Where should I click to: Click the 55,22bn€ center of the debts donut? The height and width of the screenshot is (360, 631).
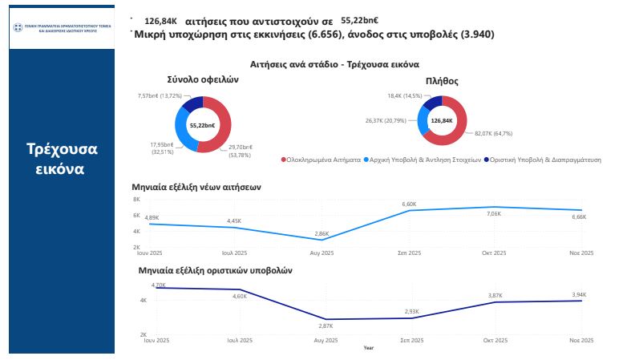[202, 126]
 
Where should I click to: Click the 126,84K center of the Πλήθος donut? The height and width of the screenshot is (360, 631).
[443, 120]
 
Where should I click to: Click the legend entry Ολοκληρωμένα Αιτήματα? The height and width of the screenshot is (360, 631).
[321, 160]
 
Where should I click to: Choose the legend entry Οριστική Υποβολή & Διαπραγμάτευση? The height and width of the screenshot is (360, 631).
[545, 160]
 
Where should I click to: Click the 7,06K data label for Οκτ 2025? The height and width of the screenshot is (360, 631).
[494, 214]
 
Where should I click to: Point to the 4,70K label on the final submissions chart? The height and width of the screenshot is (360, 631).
[159, 285]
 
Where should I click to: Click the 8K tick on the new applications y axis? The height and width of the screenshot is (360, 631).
[136, 199]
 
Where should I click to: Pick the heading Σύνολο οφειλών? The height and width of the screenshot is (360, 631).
[203, 80]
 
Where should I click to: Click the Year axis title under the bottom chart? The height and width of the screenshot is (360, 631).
[368, 348]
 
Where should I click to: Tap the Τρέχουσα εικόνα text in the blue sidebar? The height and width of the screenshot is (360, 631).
[62, 160]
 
